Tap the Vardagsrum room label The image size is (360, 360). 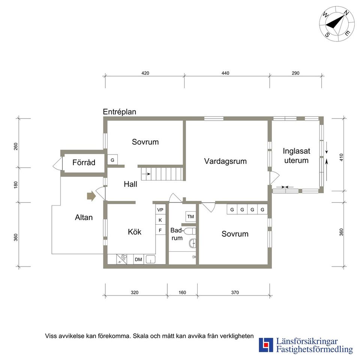(x=225, y=161)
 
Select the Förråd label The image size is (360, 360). (x=84, y=162)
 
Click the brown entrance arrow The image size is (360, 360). (x=91, y=196)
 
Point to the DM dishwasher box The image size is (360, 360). (x=138, y=259)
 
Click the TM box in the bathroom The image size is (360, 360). (x=190, y=216)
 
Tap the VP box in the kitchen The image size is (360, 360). (x=160, y=210)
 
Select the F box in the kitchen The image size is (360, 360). (x=160, y=230)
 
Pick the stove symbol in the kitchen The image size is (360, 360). (x=121, y=259)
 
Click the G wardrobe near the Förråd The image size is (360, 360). (x=112, y=160)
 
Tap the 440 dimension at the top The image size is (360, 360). (x=225, y=73)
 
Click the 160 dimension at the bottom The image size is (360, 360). (x=182, y=292)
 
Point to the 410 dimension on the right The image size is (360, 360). (x=341, y=157)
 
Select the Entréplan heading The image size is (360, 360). (x=119, y=112)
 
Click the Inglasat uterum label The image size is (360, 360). (x=296, y=156)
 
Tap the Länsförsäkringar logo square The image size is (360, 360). (x=266, y=345)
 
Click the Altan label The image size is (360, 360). (x=84, y=217)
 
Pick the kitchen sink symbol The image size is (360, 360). (x=150, y=259)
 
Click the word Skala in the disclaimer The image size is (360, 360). (x=141, y=336)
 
